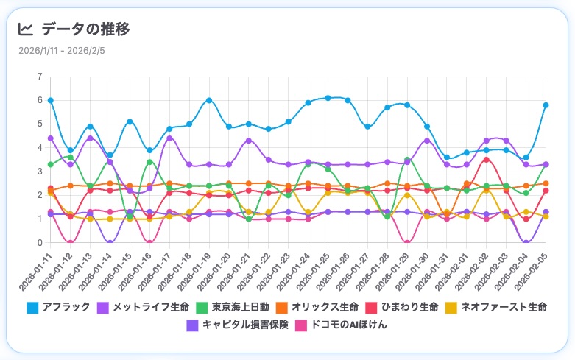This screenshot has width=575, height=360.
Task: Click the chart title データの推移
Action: pyautogui.click(x=85, y=29)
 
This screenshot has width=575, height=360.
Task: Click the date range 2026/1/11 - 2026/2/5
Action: pyautogui.click(x=62, y=51)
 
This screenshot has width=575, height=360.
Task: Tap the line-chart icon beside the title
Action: pyautogui.click(x=26, y=29)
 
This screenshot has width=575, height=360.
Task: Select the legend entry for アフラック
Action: pyautogui.click(x=59, y=306)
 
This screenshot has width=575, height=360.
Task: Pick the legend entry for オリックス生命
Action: pyautogui.click(x=317, y=306)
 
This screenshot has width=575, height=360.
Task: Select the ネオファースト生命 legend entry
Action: pyautogui.click(x=495, y=306)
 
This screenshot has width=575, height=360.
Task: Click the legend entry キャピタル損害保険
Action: pyautogui.click(x=239, y=325)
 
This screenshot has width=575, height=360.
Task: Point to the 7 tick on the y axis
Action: pyautogui.click(x=40, y=77)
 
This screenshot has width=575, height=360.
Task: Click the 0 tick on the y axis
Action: pyautogui.click(x=40, y=243)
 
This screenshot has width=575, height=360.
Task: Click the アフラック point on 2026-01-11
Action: pyautogui.click(x=50, y=100)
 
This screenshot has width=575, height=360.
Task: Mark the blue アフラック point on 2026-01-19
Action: pyautogui.click(x=209, y=100)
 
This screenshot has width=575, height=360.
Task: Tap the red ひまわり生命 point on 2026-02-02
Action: pyautogui.click(x=486, y=160)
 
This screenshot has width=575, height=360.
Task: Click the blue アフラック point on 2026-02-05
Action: pyautogui.click(x=546, y=105)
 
